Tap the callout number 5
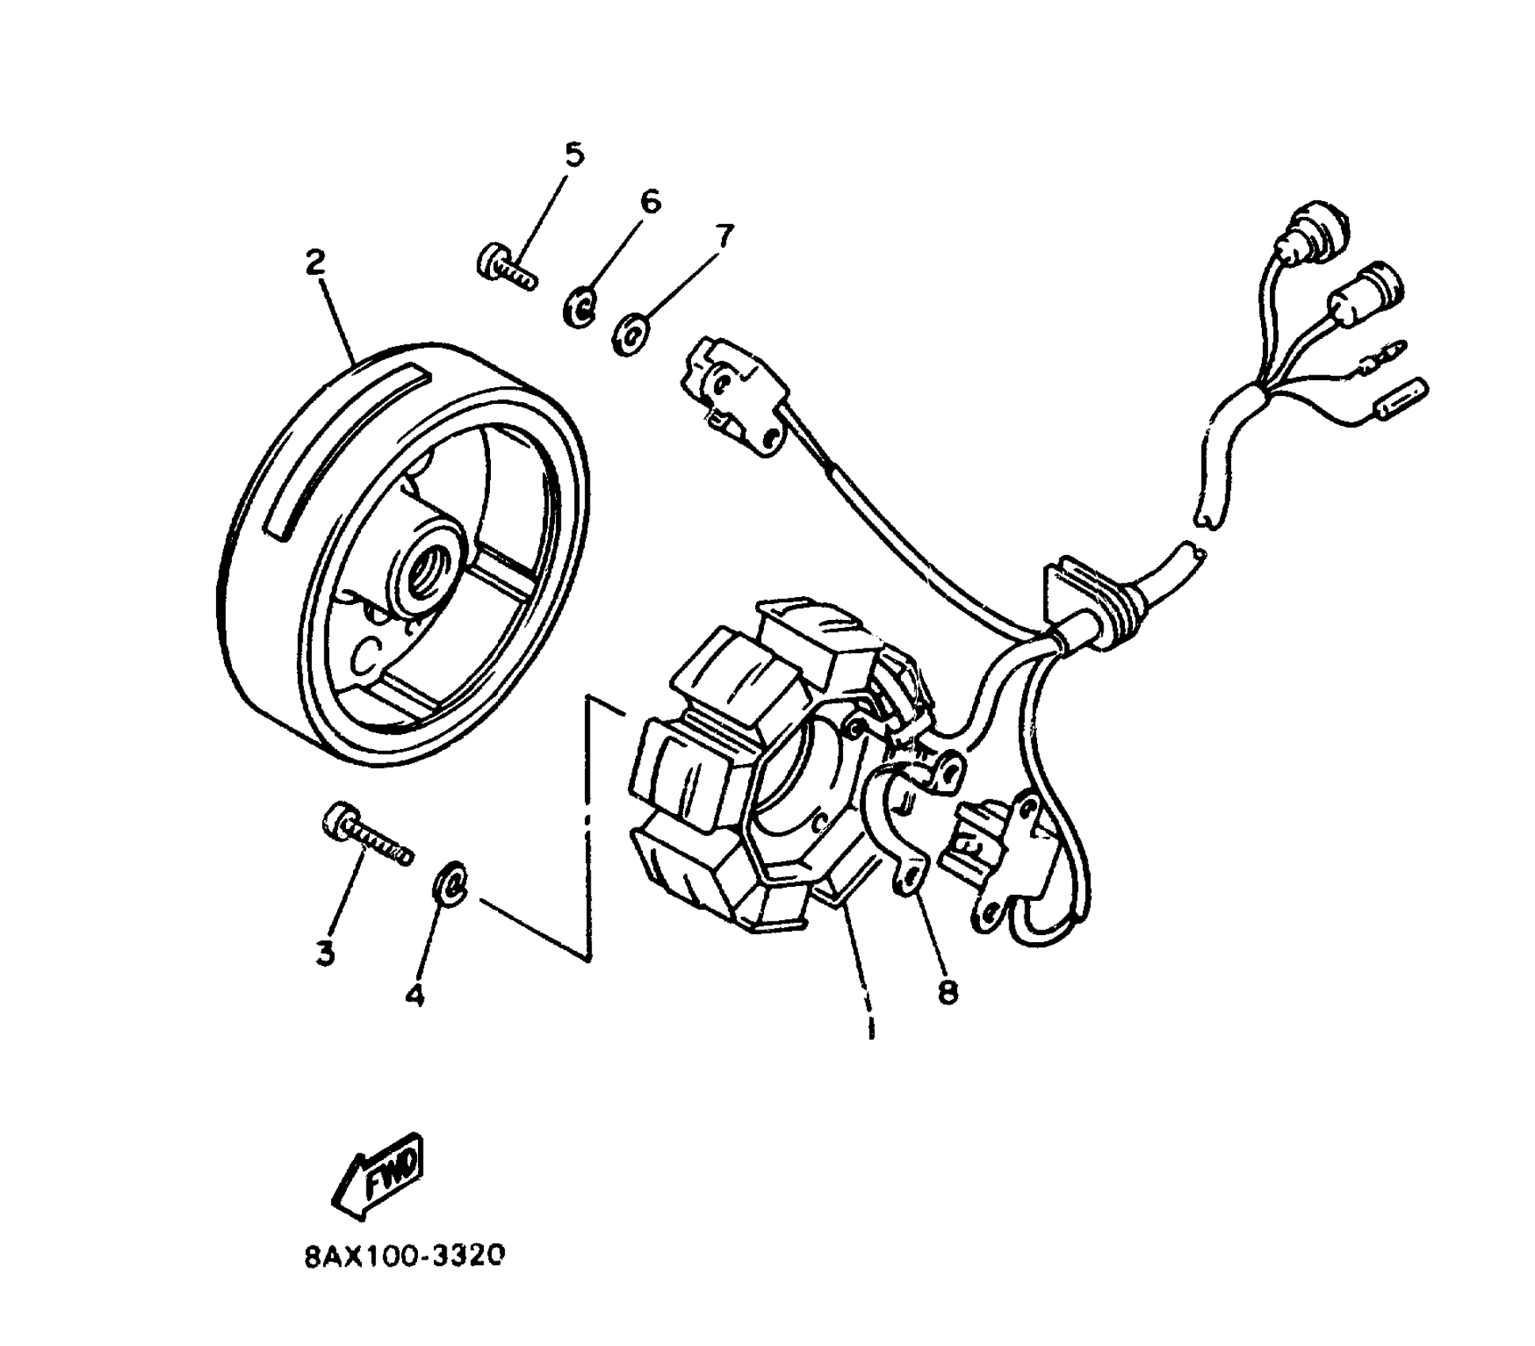click(573, 154)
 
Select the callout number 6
click(649, 202)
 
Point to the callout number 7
click(723, 235)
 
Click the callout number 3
click(325, 952)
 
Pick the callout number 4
click(414, 994)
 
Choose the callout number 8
click(948, 991)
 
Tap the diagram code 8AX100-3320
click(404, 1257)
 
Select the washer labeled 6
click(582, 306)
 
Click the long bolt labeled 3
click(366, 835)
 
